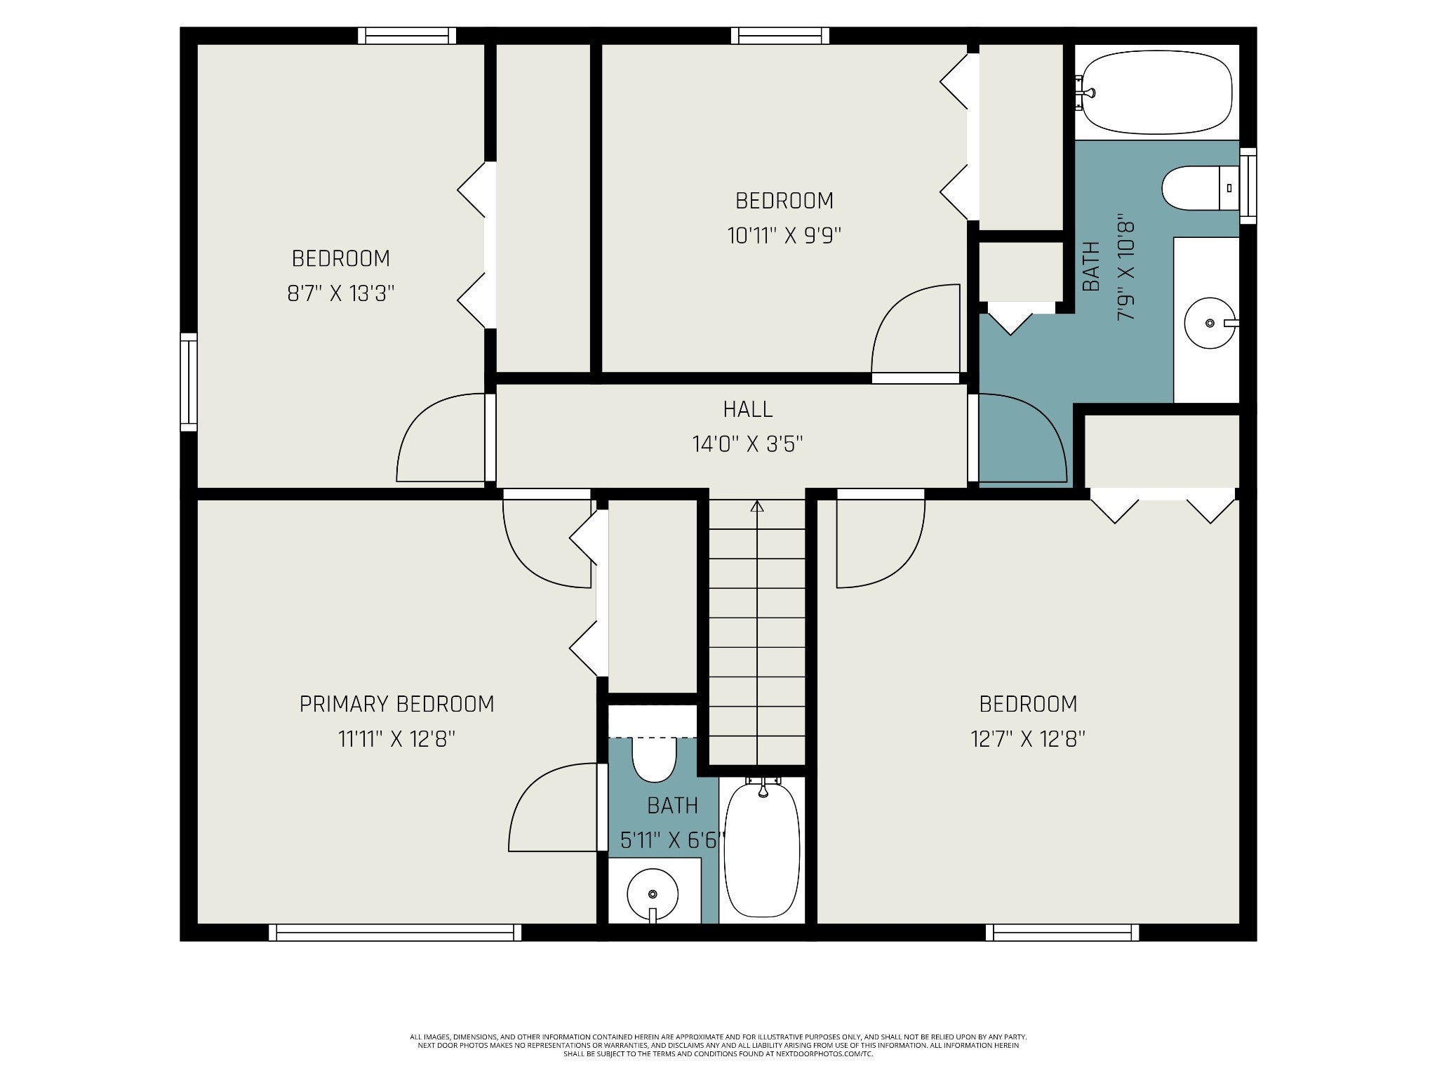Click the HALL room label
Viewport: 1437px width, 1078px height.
(747, 408)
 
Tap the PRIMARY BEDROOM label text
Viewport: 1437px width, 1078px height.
(396, 704)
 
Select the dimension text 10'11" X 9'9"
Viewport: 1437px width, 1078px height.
(784, 235)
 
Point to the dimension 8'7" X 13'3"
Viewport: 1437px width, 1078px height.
(341, 293)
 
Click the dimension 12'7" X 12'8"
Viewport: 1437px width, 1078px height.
(1028, 739)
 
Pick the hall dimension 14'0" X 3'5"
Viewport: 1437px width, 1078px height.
(747, 444)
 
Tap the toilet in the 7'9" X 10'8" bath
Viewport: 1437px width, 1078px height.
(1201, 188)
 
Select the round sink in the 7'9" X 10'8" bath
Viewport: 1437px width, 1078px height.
(1210, 323)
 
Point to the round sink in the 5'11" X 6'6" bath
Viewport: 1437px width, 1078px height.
(653, 896)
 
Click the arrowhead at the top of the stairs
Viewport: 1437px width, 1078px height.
(756, 506)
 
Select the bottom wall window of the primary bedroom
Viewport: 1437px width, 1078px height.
(395, 932)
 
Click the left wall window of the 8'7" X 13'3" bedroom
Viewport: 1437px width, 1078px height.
(188, 382)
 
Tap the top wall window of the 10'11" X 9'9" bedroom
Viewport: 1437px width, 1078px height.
(780, 36)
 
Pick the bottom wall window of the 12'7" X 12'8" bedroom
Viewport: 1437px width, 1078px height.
(1062, 932)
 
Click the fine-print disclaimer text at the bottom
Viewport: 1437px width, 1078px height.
(718, 1065)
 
